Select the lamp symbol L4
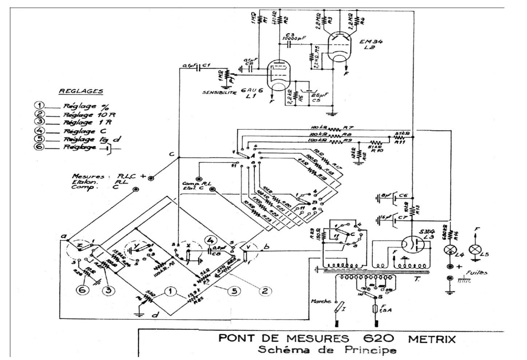click(x=450, y=249)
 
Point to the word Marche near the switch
click(x=321, y=301)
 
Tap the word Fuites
click(x=478, y=272)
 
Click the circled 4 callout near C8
click(x=210, y=240)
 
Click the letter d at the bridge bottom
click(x=155, y=315)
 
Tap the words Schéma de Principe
click(x=327, y=351)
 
